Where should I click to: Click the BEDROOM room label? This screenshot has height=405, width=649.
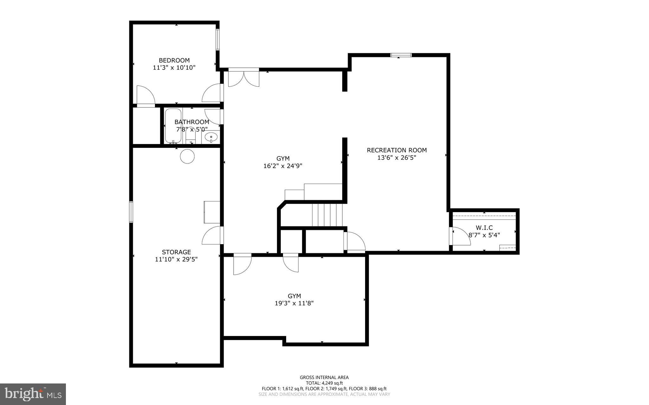[174, 60]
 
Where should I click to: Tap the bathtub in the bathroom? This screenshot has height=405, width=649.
[173, 126]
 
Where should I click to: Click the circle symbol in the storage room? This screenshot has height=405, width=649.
[187, 156]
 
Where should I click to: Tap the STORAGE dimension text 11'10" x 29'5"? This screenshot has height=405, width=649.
[176, 259]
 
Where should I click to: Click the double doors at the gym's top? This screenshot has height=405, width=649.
[244, 78]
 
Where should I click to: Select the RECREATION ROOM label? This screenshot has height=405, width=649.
[396, 150]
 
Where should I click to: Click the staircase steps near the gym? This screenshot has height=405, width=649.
[327, 215]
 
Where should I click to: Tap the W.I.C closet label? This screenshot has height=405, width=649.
[484, 228]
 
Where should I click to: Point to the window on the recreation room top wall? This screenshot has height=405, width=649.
[401, 55]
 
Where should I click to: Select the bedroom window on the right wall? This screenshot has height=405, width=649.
[218, 40]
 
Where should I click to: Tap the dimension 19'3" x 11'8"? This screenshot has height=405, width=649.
[294, 303]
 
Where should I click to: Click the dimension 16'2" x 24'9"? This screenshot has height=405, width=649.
[283, 166]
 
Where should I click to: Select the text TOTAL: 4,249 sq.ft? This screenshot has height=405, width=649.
[324, 383]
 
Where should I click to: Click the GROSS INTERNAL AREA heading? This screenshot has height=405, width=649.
[324, 377]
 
